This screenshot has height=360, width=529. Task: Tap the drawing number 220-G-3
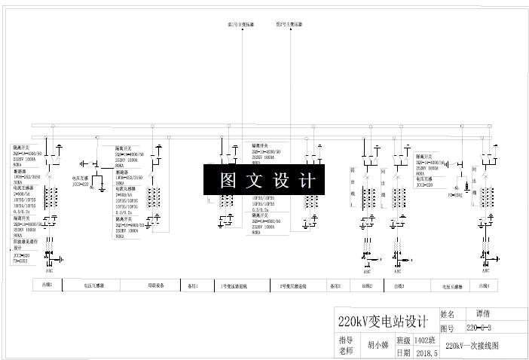click(479, 328)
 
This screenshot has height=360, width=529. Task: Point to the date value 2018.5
click(426, 352)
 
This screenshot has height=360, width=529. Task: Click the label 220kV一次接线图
click(472, 346)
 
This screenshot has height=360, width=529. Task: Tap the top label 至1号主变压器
click(241, 24)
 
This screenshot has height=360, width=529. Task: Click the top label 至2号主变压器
click(289, 24)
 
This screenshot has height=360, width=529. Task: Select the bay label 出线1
click(47, 285)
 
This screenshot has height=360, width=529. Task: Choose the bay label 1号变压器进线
click(234, 286)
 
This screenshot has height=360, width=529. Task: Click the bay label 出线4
click(484, 285)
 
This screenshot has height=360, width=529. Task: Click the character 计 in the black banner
click(306, 181)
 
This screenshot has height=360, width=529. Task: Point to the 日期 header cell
click(403, 352)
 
